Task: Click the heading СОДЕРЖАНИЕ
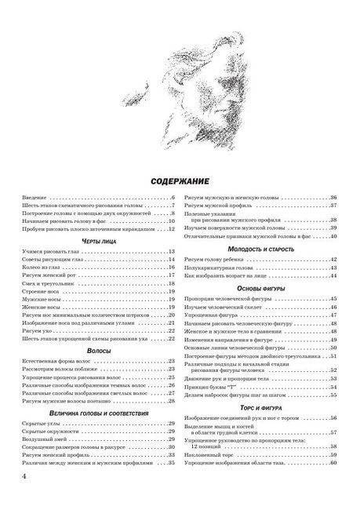click(180, 180)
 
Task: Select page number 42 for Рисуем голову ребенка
click(333, 260)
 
